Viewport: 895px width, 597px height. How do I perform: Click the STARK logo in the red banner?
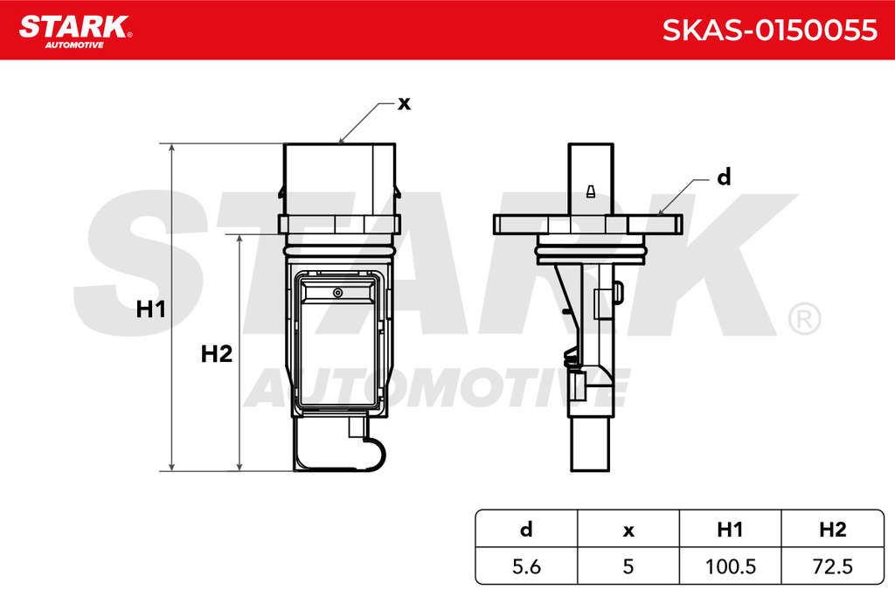pos(75,32)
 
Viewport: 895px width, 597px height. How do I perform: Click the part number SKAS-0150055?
pos(769,31)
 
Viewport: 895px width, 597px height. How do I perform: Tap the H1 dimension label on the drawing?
pos(150,309)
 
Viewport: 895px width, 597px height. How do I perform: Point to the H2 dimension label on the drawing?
pos(217,354)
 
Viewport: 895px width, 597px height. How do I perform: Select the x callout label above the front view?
pos(404,104)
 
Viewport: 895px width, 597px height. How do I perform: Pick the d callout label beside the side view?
pos(724,177)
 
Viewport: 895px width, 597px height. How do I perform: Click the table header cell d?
pos(526,530)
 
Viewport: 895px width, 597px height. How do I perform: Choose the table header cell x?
pos(628,531)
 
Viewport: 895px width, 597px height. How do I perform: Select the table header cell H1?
pos(730,530)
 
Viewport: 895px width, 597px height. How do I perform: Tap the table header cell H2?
pos(833,530)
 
